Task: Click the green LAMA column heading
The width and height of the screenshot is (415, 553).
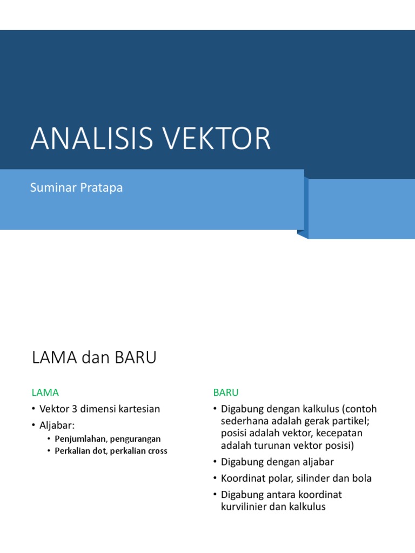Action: [45, 392]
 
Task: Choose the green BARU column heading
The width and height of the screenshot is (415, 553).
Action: [226, 392]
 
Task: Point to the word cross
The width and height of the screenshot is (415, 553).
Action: [157, 451]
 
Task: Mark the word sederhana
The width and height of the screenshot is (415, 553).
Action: [244, 421]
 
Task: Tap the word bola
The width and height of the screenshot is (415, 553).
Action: [362, 478]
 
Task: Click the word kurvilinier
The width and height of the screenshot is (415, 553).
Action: [245, 507]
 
